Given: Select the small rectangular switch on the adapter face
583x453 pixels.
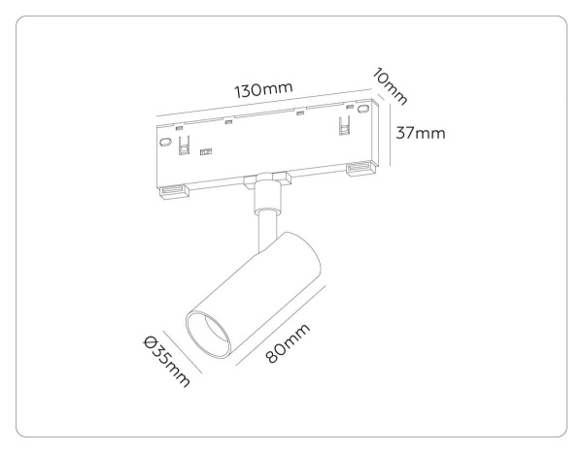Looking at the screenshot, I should [205, 152].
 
